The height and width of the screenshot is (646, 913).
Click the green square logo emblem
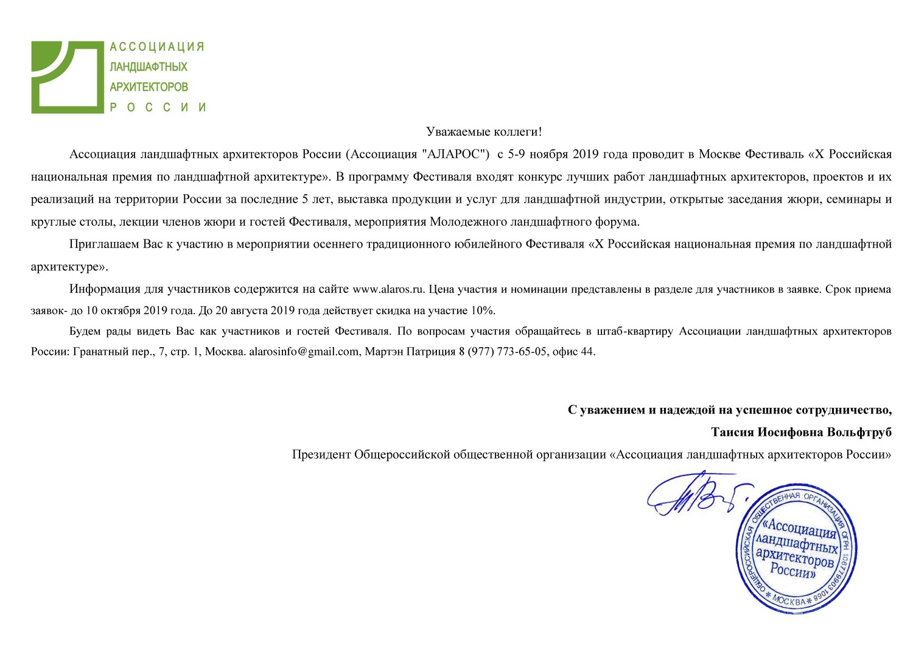pyautogui.click(x=67, y=77)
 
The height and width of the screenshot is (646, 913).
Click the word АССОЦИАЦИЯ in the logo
pyautogui.click(x=156, y=47)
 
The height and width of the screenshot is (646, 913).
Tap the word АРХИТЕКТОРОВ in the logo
pyautogui.click(x=149, y=87)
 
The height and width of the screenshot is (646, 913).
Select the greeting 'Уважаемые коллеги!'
pyautogui.click(x=483, y=132)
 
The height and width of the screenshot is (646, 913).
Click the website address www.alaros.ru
pyautogui.click(x=388, y=289)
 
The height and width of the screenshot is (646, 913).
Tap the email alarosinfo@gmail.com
pyautogui.click(x=304, y=351)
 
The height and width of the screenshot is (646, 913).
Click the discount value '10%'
pyautogui.click(x=483, y=311)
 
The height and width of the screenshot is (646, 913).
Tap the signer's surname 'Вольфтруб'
pyautogui.click(x=859, y=432)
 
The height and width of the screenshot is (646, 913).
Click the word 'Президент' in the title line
pyautogui.click(x=321, y=455)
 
